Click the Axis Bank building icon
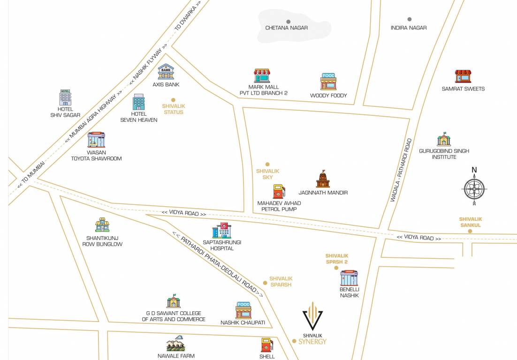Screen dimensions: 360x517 (166, 72)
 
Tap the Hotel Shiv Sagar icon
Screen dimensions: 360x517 (65, 97)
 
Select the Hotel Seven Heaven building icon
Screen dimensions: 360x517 (138, 102)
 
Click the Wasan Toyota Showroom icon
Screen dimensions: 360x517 (96, 140)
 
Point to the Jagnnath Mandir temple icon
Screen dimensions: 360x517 (323, 179)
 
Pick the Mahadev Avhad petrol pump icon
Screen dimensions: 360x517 (279, 191)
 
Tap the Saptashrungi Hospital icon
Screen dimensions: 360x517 (221, 230)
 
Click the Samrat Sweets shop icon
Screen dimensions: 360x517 (463, 76)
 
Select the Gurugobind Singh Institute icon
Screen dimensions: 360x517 (444, 139)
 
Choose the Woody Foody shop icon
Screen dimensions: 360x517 (328, 82)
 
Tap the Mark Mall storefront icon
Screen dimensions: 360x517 (262, 75)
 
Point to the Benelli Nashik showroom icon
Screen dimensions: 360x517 (349, 278)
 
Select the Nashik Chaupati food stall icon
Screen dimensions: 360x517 (243, 310)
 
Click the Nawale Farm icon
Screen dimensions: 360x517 (175, 344)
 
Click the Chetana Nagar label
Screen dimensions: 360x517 (286, 28)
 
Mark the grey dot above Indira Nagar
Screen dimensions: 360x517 (409, 19)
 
